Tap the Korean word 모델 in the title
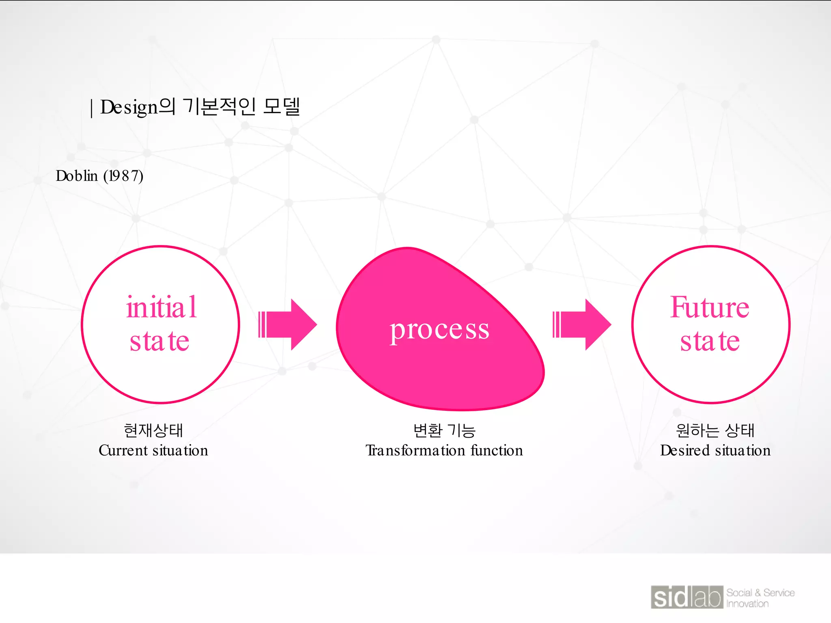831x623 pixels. pyautogui.click(x=281, y=106)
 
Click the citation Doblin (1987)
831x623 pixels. pyautogui.click(x=99, y=176)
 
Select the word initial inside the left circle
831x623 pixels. pyautogui.click(x=161, y=307)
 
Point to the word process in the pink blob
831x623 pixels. pyautogui.click(x=439, y=329)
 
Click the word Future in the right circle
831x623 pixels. pyautogui.click(x=709, y=307)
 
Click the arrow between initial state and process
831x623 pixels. pyautogui.click(x=288, y=324)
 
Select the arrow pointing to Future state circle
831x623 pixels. pyautogui.click(x=582, y=324)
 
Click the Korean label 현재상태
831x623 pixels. pyautogui.click(x=153, y=430)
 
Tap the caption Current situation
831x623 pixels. pyautogui.click(x=153, y=451)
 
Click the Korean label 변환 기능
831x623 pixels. pyautogui.click(x=444, y=430)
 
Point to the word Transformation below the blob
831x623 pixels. pyautogui.click(x=415, y=451)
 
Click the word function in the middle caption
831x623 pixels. pyautogui.click(x=497, y=451)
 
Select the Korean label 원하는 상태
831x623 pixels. pyautogui.click(x=715, y=430)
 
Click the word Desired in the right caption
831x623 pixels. pyautogui.click(x=685, y=451)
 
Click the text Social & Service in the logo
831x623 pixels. pyautogui.click(x=760, y=593)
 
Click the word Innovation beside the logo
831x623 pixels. pyautogui.click(x=747, y=604)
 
